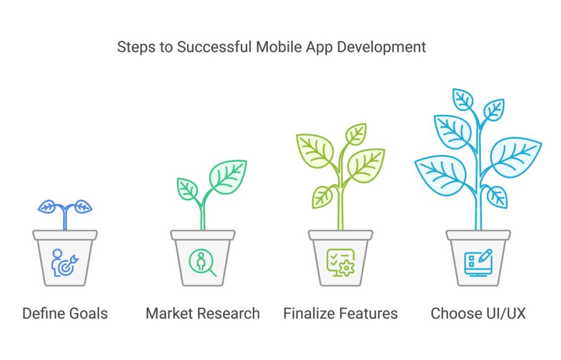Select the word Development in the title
pos(381,47)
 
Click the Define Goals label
pos(65,313)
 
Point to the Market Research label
pos(203,313)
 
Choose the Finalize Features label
pos(341,313)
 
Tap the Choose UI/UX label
pos(478,313)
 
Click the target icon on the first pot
pos(65,263)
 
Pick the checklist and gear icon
pos(341,263)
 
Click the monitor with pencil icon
pos(478,263)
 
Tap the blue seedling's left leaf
pos(47,207)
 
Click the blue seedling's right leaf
pos(83,207)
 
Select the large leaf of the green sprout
pos(228,177)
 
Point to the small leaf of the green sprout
pos(187,189)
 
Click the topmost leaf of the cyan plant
pos(463,99)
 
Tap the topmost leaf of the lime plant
pos(356,134)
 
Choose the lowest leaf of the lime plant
pos(323,197)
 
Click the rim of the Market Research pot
pos(203,235)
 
